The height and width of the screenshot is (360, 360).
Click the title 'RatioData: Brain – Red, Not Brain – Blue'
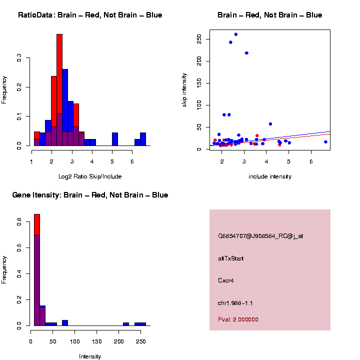click(90, 15)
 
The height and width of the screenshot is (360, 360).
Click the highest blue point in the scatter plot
click(235, 34)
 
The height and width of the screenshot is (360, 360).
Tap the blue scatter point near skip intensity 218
click(246, 53)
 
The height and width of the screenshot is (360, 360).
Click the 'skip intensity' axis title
click(184, 89)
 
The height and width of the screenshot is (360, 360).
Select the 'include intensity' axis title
click(270, 176)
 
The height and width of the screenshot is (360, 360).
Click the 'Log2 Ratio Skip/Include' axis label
click(90, 176)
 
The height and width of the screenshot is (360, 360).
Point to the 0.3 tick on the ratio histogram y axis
click(20, 58)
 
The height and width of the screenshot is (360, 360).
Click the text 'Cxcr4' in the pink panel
click(225, 280)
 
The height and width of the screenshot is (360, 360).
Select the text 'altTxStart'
click(230, 258)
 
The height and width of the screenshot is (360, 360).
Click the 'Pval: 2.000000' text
click(238, 319)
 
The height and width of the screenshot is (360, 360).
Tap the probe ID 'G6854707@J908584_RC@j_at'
click(260, 236)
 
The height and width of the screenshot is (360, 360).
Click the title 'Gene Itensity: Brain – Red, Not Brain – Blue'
click(90, 195)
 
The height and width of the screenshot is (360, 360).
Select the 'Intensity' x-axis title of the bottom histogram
click(90, 356)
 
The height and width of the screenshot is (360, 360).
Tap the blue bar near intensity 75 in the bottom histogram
click(65, 322)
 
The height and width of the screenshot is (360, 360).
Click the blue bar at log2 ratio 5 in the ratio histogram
click(115, 139)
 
